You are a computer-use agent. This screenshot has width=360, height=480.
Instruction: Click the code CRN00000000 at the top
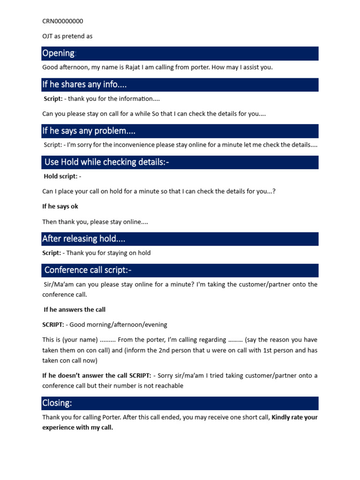click(x=63, y=21)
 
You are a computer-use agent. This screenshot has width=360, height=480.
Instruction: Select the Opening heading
click(x=59, y=53)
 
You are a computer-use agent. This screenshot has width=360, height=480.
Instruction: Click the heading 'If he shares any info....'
click(x=84, y=84)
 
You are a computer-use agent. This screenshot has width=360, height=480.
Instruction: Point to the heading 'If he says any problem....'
click(x=89, y=131)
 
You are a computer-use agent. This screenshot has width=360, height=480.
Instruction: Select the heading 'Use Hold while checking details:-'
click(x=106, y=162)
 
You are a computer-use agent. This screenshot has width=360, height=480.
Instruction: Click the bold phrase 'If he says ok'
click(x=60, y=206)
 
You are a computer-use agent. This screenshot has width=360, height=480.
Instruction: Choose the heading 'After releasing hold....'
click(x=83, y=239)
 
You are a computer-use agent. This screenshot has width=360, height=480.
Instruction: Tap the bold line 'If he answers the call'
click(x=75, y=309)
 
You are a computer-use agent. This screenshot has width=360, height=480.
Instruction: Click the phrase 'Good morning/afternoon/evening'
click(x=118, y=324)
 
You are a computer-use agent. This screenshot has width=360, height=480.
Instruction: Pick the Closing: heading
click(x=57, y=403)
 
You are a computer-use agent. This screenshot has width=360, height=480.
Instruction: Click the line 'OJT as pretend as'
click(x=67, y=36)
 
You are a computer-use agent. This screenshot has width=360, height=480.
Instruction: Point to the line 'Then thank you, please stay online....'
click(x=95, y=222)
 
